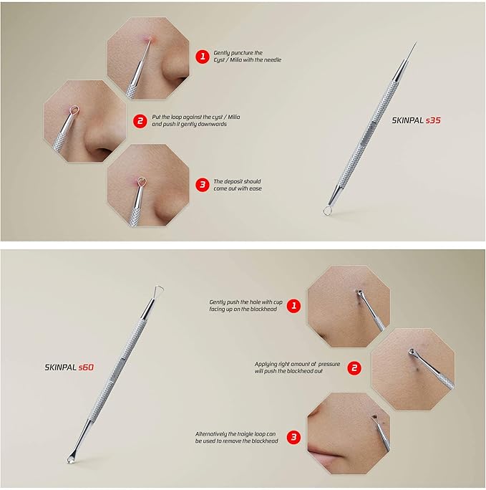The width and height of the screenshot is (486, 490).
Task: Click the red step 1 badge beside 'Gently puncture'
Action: (x=203, y=56)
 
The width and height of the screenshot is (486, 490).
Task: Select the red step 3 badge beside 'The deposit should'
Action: (x=203, y=184)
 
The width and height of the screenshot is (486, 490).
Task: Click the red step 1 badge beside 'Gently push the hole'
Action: (x=292, y=306)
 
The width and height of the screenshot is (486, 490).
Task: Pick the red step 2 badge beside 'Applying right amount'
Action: (x=354, y=368)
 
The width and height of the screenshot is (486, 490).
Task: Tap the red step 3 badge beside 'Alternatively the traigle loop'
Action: (x=292, y=436)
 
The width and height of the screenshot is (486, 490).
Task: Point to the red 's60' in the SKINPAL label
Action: (x=86, y=367)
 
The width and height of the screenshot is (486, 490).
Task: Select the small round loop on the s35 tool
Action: (x=328, y=210)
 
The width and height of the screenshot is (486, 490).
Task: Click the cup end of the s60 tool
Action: (x=72, y=458)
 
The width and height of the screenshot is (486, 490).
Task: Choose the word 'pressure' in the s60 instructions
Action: (x=333, y=364)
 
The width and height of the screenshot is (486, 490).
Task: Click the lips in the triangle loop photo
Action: (x=324, y=456)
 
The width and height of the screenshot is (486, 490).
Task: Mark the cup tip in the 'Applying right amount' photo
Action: (x=412, y=351)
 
